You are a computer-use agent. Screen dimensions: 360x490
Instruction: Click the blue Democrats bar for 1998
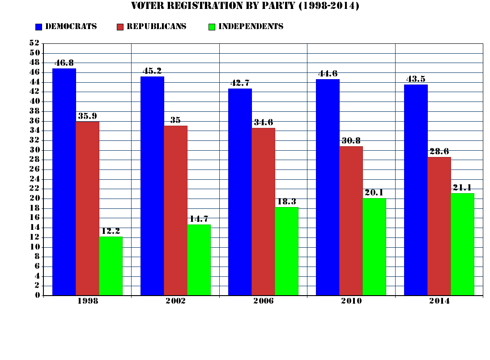64,182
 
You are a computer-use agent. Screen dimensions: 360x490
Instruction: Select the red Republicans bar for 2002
175,210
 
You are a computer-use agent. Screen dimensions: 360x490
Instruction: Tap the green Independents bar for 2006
286,251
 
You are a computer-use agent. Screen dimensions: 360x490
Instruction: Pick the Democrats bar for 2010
328,187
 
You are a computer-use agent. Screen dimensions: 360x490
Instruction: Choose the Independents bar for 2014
462,244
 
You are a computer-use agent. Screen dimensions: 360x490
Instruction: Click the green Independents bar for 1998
111,266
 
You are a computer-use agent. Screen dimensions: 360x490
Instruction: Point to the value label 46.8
64,63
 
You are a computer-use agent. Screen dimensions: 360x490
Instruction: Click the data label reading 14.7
199,219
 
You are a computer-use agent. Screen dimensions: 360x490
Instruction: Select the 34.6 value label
263,123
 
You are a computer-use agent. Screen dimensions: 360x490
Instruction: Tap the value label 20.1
374,193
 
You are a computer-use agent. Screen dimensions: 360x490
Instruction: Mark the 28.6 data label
439,152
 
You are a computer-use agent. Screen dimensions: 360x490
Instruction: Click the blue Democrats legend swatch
38,27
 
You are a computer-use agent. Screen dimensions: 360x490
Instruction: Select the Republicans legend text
156,26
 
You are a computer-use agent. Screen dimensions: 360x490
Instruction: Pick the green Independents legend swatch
212,27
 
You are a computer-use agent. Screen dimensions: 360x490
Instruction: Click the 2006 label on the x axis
263,301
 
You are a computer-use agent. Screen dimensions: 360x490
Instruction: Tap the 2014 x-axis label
439,301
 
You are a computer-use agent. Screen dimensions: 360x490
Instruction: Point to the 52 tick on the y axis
34,43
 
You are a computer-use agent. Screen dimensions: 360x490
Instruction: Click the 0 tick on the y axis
38,295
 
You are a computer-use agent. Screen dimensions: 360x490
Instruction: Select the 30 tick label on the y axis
34,150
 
